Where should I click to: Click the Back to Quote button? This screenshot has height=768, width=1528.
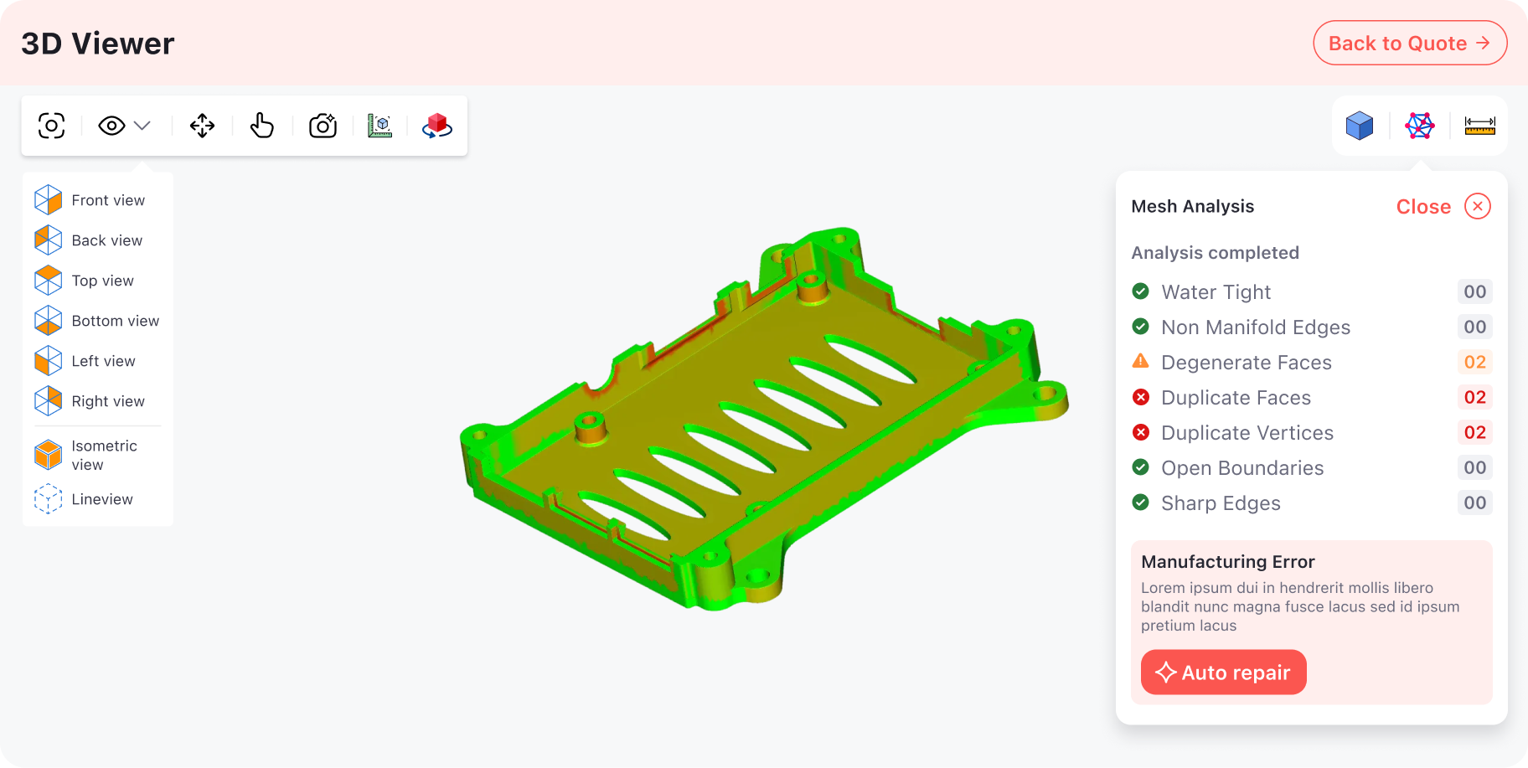click(1409, 44)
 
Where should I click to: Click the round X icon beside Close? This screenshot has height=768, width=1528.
click(1477, 206)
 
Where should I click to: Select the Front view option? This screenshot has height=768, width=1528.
click(107, 200)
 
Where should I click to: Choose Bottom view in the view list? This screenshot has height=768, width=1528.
click(115, 321)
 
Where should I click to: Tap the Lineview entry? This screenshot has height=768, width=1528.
click(101, 499)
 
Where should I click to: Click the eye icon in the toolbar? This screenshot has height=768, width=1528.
click(112, 126)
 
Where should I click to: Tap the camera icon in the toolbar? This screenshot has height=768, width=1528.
click(323, 126)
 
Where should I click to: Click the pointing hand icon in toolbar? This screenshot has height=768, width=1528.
click(262, 126)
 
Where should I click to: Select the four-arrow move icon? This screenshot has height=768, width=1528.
click(202, 126)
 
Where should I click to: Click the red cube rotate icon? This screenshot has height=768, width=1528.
click(436, 126)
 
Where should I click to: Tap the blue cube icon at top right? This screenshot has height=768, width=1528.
click(1359, 126)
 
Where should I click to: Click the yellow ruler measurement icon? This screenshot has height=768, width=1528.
click(1479, 126)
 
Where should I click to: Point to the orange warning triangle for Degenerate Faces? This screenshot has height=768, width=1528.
click(1140, 361)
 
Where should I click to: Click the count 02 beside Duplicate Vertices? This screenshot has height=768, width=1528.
click(1474, 432)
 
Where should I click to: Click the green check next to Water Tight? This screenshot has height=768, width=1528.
click(1140, 291)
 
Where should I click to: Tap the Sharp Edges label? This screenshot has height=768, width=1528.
click(1220, 503)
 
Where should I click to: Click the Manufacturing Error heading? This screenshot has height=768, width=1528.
click(1227, 562)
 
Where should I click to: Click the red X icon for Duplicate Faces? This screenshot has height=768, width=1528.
click(1140, 397)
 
